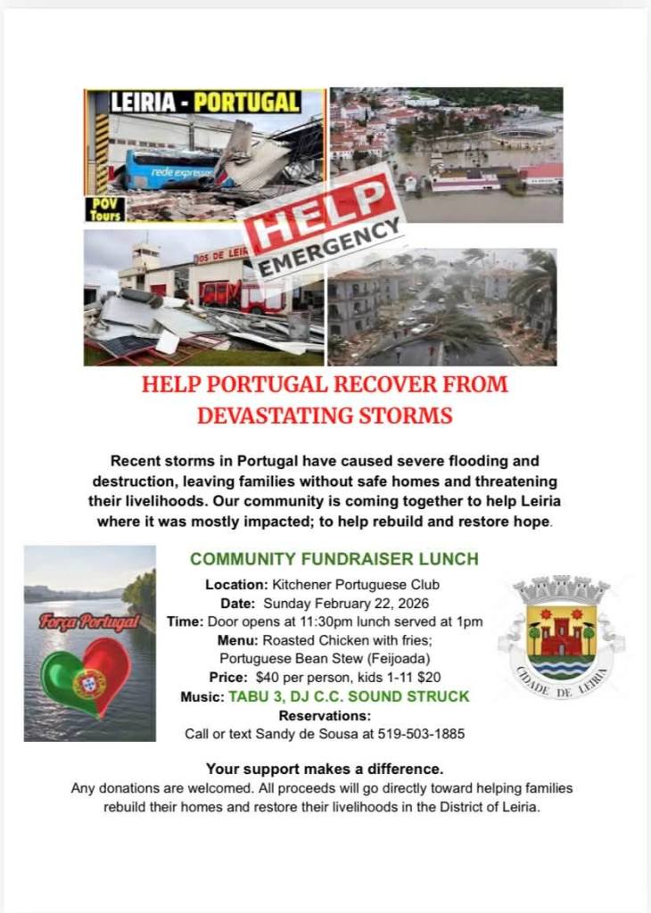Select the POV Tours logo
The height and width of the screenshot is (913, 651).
point(104,209)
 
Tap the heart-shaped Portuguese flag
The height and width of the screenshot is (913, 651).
point(87,680)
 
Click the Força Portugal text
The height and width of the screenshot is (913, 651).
point(89,621)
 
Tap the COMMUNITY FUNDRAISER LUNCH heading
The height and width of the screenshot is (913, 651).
point(334,559)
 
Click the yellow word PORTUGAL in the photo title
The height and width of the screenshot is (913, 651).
point(246,102)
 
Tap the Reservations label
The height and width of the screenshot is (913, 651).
point(325,715)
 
